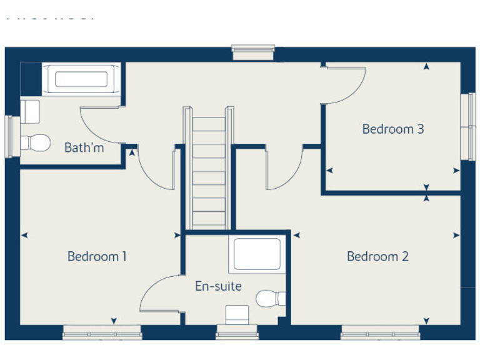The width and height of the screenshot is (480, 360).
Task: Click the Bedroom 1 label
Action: pos(97,256)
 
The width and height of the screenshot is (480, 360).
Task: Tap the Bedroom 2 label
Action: pos(377,256)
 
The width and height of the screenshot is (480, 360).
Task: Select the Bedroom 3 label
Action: pos(393,129)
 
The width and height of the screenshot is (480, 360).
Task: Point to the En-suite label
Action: pos(218,286)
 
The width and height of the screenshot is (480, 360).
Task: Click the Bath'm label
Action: pos(84,148)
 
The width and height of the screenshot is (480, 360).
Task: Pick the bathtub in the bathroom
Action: pos(81,79)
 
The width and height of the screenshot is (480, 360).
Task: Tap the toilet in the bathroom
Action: pos(36,142)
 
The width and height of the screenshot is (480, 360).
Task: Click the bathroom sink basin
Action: pos(30,111)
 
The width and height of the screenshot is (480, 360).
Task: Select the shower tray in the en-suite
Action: pos(256,255)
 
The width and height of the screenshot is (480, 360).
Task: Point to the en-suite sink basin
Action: pos(237,314)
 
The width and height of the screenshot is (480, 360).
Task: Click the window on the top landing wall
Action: pos(253,52)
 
